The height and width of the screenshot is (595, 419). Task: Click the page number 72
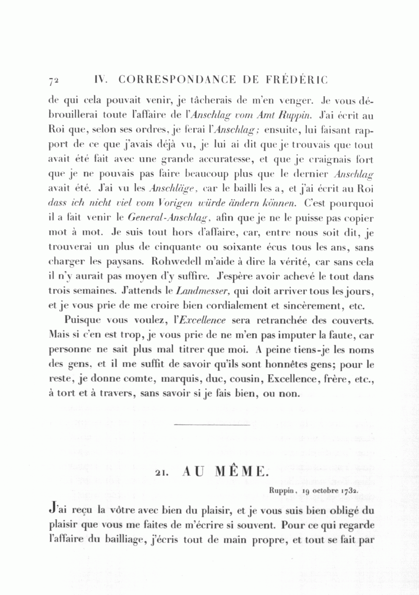click(x=53, y=80)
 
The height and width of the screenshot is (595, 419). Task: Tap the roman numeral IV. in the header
click(x=101, y=79)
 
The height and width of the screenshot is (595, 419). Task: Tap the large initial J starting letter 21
click(x=52, y=510)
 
